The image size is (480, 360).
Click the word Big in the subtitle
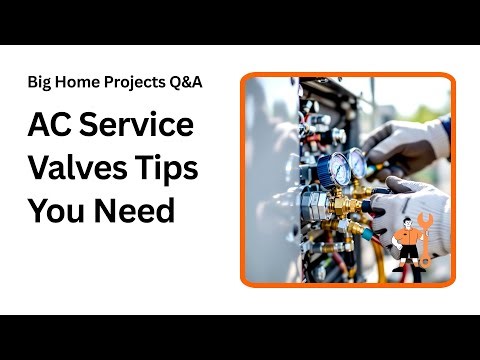click(41, 82)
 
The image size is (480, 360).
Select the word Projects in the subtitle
click(136, 82)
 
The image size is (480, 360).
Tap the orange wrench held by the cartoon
click(423, 236)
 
